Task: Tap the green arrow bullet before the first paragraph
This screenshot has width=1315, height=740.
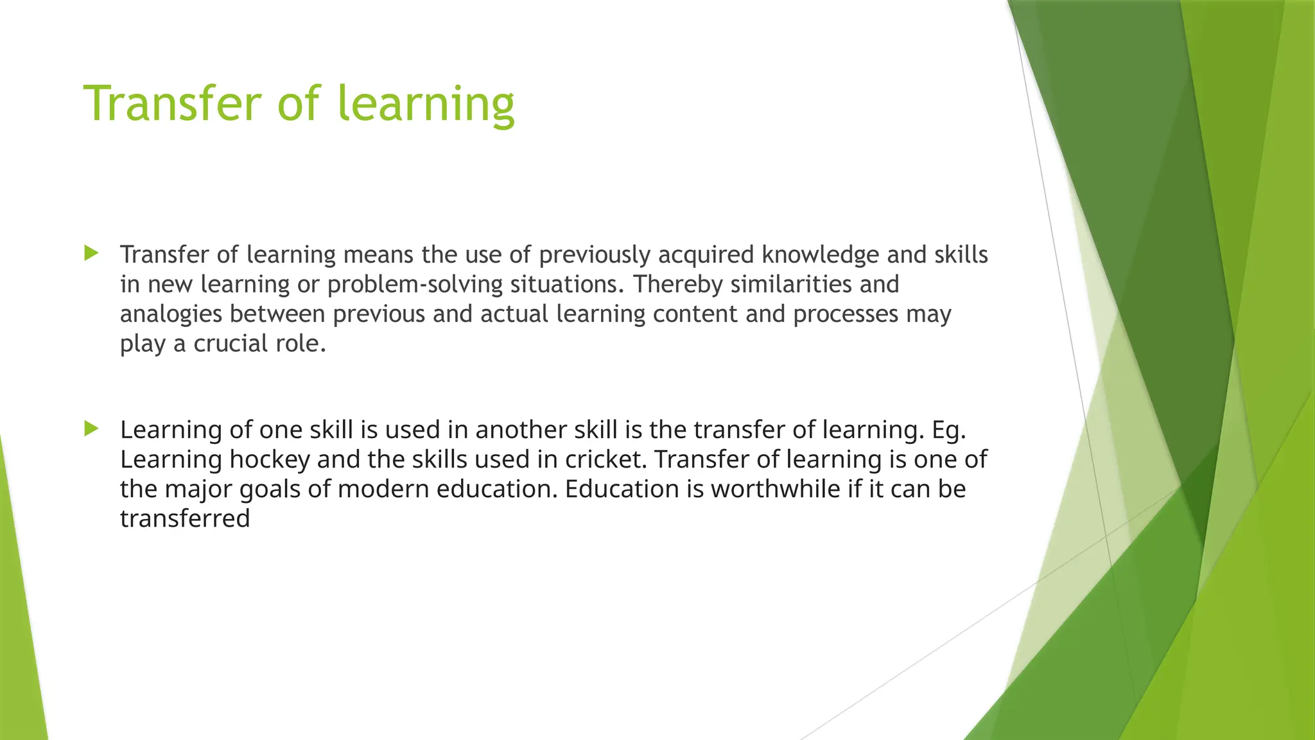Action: tap(91, 253)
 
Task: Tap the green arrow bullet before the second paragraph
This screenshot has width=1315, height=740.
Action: tap(91, 428)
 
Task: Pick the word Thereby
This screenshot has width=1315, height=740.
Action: tap(678, 285)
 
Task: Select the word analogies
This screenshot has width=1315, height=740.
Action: tap(171, 314)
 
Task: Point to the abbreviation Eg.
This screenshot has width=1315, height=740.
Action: tap(948, 430)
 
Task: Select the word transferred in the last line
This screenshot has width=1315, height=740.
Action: tap(185, 518)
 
